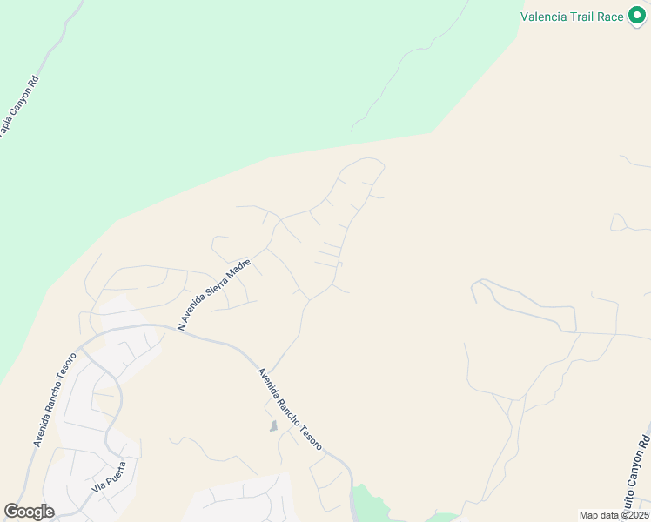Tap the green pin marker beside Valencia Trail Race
pyautogui.click(x=638, y=16)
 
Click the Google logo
pyautogui.click(x=29, y=512)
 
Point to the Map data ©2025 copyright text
pyautogui.click(x=614, y=515)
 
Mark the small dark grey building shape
pyautogui.click(x=274, y=426)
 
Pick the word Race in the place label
pyautogui.click(x=611, y=17)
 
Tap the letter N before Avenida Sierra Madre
pyautogui.click(x=181, y=327)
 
